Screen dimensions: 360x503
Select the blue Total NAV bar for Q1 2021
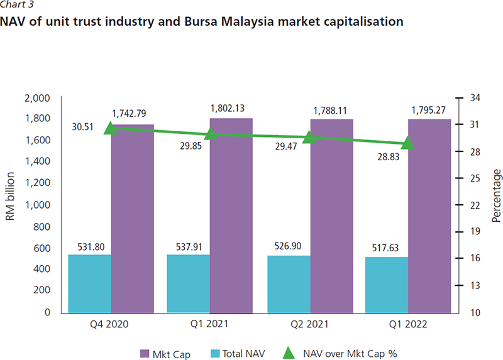pos(188,283)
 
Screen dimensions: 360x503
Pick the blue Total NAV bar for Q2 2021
pos(289,284)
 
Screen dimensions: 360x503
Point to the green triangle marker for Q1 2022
pos(409,144)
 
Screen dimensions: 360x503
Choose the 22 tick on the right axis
pos(475,205)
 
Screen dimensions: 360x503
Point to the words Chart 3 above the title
pos(17,5)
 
